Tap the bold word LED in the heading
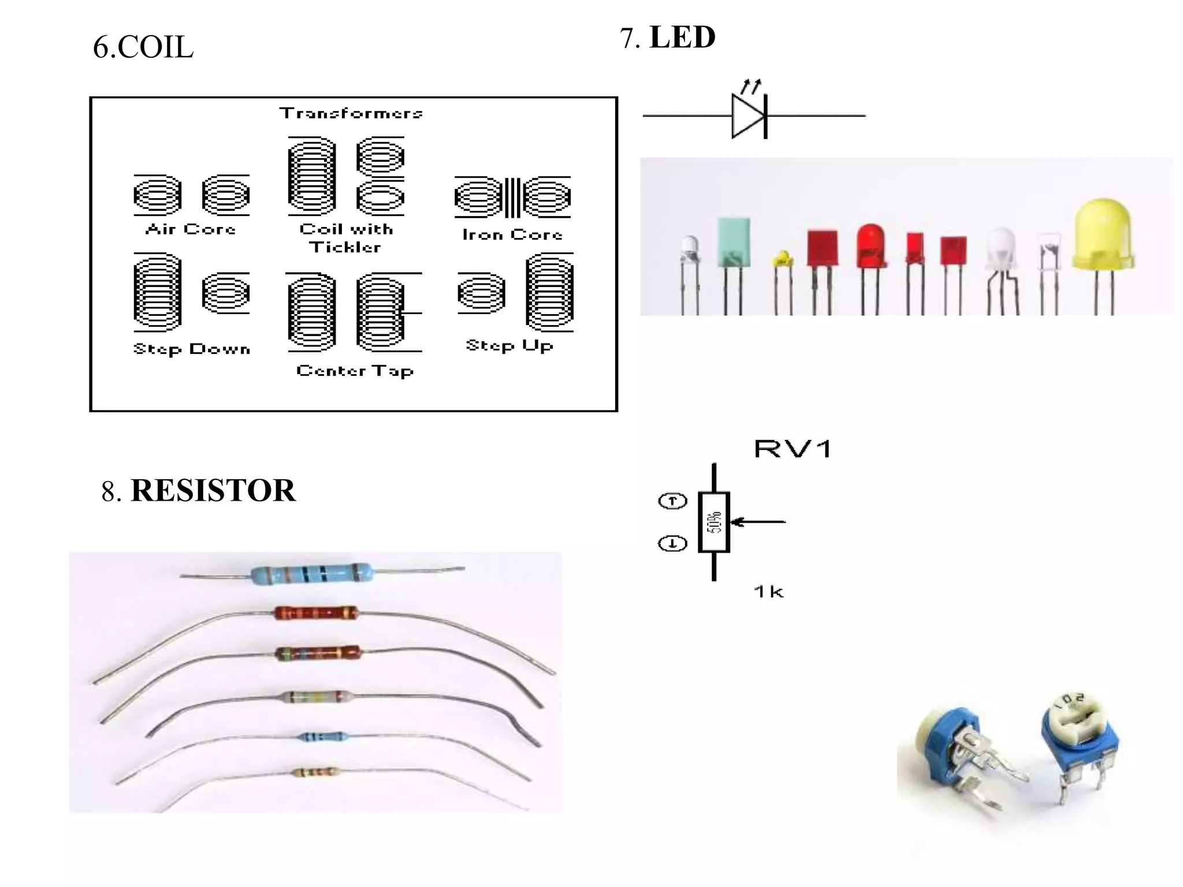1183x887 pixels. click(x=682, y=38)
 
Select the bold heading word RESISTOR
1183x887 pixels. click(x=213, y=490)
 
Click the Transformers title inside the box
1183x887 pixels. click(x=351, y=113)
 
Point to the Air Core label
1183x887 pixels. click(x=191, y=229)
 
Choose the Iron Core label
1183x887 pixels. click(x=512, y=234)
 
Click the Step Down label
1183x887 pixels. click(x=192, y=349)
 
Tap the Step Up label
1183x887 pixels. click(x=509, y=345)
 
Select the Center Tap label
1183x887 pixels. click(x=355, y=371)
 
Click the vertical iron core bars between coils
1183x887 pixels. click(x=512, y=197)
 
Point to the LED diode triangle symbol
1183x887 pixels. click(x=747, y=116)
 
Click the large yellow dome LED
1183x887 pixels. click(x=1103, y=237)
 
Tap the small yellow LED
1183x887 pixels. click(x=782, y=258)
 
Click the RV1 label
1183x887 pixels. click(x=793, y=449)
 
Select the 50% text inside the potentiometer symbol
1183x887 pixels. click(x=715, y=522)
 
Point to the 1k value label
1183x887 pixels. click(x=768, y=591)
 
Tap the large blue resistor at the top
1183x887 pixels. click(x=312, y=574)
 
